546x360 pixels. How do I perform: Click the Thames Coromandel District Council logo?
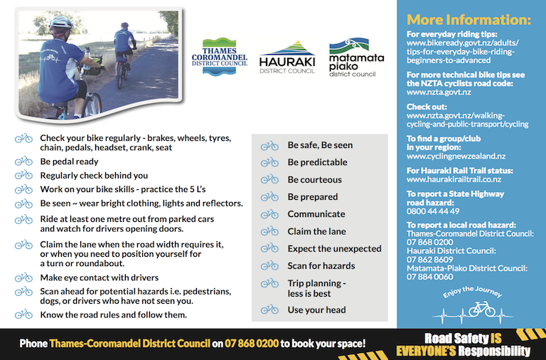[220, 57]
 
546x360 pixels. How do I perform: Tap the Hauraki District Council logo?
[287, 57]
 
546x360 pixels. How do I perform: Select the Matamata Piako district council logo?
[356, 58]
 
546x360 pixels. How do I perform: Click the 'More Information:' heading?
[469, 19]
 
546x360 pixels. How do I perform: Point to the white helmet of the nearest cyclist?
[60, 23]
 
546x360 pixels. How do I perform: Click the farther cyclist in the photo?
[124, 52]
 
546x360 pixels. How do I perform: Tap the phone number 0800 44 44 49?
[433, 211]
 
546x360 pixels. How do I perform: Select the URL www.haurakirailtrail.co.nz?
[454, 179]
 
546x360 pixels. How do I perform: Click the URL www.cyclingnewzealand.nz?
[456, 156]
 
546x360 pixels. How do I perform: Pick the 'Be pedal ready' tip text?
[69, 162]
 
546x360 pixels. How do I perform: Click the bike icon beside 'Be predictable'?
[269, 162]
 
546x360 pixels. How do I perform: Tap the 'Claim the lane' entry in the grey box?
[316, 231]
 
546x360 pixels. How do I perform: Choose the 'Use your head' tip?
[316, 309]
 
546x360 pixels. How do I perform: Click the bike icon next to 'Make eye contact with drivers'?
[23, 277]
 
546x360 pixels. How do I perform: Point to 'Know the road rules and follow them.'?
[114, 314]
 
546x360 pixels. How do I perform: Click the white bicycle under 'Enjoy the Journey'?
[481, 309]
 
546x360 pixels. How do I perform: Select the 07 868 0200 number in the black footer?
[252, 344]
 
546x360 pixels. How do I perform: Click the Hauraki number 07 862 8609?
[429, 260]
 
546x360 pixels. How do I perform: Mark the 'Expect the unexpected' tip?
[334, 249]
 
